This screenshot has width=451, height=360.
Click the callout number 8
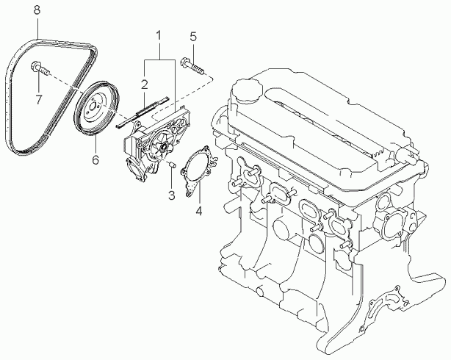[x=37, y=10]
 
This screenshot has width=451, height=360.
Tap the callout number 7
[x=38, y=100]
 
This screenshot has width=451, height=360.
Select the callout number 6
[x=95, y=159]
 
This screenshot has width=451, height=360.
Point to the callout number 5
[x=193, y=37]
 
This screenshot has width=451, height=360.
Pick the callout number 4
[x=199, y=211]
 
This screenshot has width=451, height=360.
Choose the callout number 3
[x=171, y=195]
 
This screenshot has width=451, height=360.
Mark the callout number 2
[x=145, y=84]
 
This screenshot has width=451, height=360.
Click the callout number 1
[x=159, y=35]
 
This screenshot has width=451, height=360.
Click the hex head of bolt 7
[x=36, y=65]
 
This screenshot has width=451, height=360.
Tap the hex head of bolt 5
[x=185, y=62]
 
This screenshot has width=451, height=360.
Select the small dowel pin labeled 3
[x=171, y=165]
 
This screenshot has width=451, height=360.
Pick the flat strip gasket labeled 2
[x=142, y=112]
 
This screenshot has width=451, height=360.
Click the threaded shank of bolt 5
[x=197, y=69]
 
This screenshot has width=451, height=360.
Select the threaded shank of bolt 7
[x=45, y=71]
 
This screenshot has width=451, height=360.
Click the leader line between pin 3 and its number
[x=171, y=179]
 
